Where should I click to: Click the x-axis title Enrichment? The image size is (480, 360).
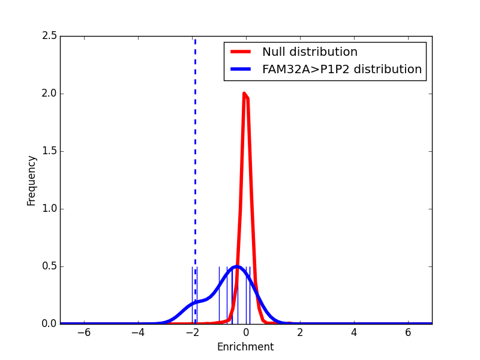pos(245,347)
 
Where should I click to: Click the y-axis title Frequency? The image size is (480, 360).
pos(32,180)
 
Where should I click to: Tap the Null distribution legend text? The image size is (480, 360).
pos(310,52)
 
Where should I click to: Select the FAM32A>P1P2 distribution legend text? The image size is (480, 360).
pos(342,69)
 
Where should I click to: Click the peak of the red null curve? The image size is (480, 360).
pos(244,94)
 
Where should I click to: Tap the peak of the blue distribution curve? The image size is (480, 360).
pos(237,266)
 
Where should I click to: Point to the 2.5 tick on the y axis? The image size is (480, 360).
pos(50,36)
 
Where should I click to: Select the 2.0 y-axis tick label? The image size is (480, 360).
pos(50,94)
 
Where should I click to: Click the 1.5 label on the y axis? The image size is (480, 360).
pos(50,151)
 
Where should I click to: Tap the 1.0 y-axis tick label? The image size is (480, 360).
pos(50,209)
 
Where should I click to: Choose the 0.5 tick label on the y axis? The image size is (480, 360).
pos(50,266)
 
